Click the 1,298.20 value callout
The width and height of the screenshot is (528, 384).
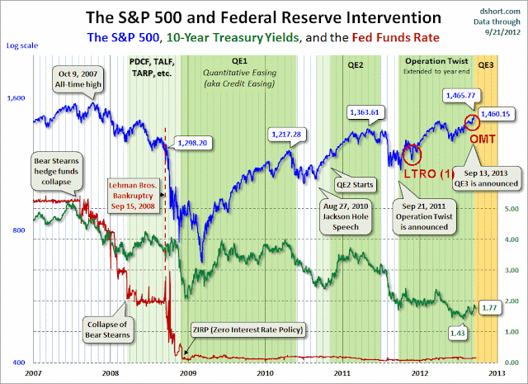point(192,143)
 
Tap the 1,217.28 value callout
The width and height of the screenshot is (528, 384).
point(286,134)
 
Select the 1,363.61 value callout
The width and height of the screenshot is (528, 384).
point(365,112)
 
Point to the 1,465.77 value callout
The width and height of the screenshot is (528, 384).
point(460,96)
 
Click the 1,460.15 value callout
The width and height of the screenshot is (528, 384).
point(495,114)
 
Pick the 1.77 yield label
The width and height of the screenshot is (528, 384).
point(489,307)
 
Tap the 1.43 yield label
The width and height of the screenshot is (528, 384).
point(457,334)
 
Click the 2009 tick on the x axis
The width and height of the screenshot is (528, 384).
point(187,373)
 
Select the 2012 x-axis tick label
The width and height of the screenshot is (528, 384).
point(420,373)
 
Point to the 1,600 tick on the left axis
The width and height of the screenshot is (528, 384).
point(16,98)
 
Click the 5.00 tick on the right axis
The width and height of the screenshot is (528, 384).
point(511,209)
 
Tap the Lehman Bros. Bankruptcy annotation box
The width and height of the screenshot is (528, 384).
point(133,196)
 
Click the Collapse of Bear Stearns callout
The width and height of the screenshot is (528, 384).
point(107,329)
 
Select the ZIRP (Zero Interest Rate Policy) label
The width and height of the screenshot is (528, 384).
point(247,329)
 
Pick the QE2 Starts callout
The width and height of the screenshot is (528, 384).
point(355,185)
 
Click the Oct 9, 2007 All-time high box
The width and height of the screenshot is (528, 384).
point(78,79)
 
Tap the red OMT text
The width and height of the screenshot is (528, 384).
point(482,139)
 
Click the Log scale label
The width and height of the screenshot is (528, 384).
point(22,45)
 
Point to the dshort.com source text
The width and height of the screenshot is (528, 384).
point(500,12)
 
